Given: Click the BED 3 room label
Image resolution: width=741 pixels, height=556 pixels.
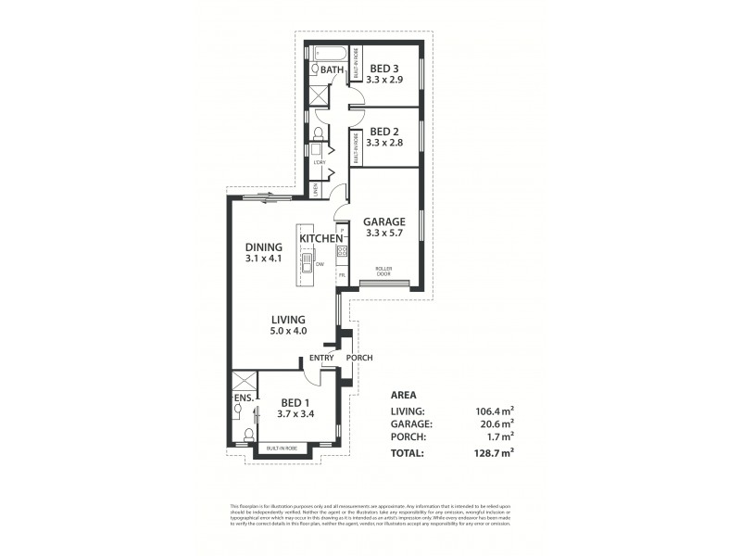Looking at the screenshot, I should point(383,69).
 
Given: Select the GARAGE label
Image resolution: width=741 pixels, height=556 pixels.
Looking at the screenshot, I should point(383,221).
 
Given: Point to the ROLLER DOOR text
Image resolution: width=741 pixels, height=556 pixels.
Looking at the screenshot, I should point(383,272).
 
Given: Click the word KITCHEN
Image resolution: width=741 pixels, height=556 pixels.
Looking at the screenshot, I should point(320,239).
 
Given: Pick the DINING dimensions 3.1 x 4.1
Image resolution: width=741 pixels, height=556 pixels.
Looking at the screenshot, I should point(263,259).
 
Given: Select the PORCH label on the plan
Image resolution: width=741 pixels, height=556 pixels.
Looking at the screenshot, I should point(359,358).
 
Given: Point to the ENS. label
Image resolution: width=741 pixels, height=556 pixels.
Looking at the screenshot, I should point(243,398).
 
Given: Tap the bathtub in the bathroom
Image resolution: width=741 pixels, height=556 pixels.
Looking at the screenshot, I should point(329,52).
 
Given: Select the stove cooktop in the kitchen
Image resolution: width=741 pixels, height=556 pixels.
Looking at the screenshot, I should point(342,251).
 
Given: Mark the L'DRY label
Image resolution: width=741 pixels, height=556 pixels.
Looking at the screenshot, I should point(319,163).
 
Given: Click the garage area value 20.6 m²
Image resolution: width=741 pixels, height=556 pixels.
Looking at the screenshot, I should point(496,423).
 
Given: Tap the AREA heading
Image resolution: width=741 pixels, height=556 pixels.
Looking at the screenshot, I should point(405,394).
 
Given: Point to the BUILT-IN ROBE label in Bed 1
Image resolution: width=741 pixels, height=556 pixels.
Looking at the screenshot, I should point(282,449).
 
